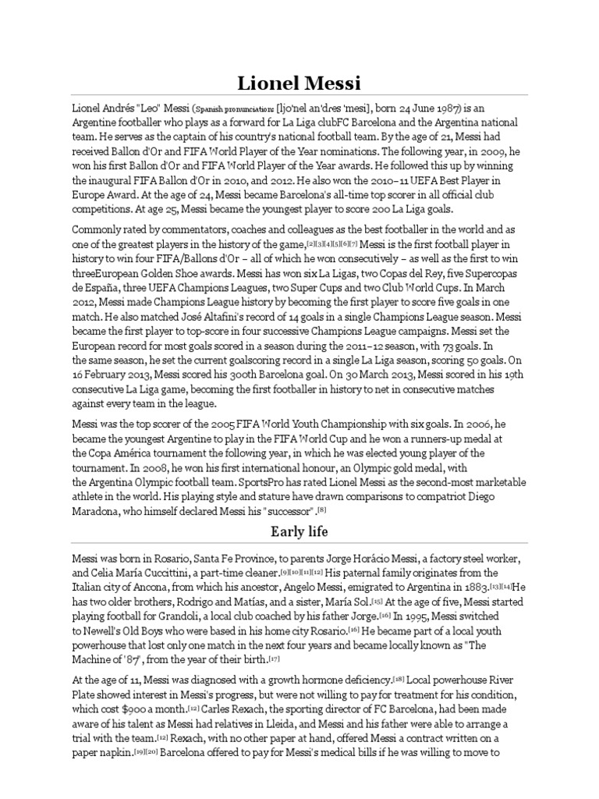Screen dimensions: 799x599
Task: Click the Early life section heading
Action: [x=299, y=532]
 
